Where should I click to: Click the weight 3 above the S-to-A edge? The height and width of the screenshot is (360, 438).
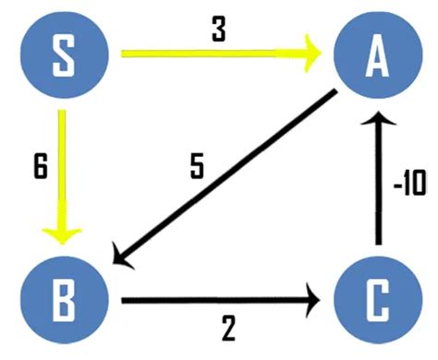pyautogui.click(x=217, y=30)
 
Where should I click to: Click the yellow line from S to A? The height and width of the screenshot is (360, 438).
pyautogui.click(x=213, y=55)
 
